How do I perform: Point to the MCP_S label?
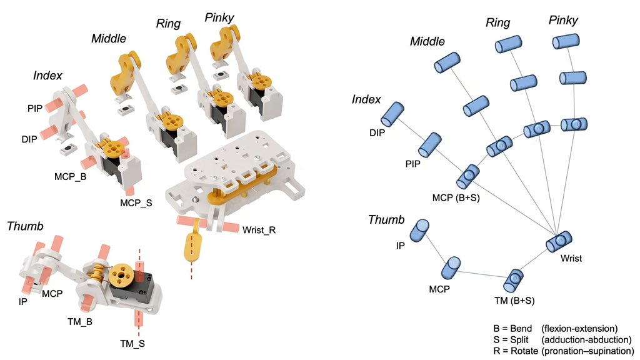136,202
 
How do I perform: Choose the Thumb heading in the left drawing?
25,226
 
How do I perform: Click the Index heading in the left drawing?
47,76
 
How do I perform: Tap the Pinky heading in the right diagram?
563,21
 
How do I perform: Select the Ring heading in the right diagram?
497,23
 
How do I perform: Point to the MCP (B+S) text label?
454,198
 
